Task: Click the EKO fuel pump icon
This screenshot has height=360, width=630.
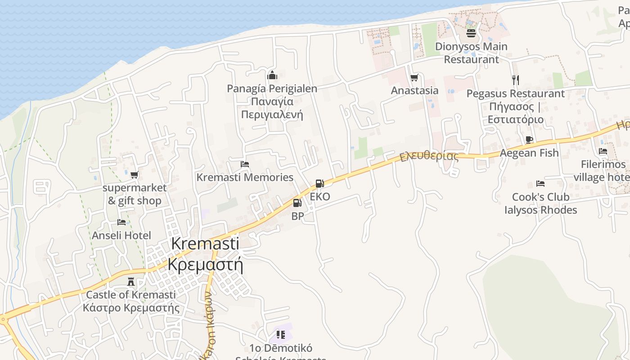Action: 319,184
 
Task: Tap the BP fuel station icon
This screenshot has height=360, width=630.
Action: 297,203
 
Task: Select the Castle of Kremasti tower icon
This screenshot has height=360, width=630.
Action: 131,282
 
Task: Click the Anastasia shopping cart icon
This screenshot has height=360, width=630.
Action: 414,78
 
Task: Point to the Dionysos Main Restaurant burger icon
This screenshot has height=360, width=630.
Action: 471,33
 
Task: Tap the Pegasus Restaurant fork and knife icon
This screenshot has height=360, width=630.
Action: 515,80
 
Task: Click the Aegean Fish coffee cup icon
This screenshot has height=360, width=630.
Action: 529,139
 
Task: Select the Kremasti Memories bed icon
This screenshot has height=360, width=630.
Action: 245,164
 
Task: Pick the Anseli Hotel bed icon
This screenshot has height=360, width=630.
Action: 121,222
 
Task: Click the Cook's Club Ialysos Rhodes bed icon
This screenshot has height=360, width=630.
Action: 540,184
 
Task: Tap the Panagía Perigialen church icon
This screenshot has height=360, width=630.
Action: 272,75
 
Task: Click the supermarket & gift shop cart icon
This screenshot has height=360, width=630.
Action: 134,175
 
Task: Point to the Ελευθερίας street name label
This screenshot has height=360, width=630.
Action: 429,157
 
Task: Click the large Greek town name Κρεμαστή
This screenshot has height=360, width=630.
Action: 205,264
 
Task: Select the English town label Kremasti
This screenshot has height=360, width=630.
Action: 205,243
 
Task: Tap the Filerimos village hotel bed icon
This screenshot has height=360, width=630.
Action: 603,151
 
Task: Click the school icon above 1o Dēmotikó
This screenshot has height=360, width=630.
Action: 281,334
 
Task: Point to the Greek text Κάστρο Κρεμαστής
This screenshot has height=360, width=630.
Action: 131,308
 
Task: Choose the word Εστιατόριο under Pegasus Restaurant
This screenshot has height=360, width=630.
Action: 516,120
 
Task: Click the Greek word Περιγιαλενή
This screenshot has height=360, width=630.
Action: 272,115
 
